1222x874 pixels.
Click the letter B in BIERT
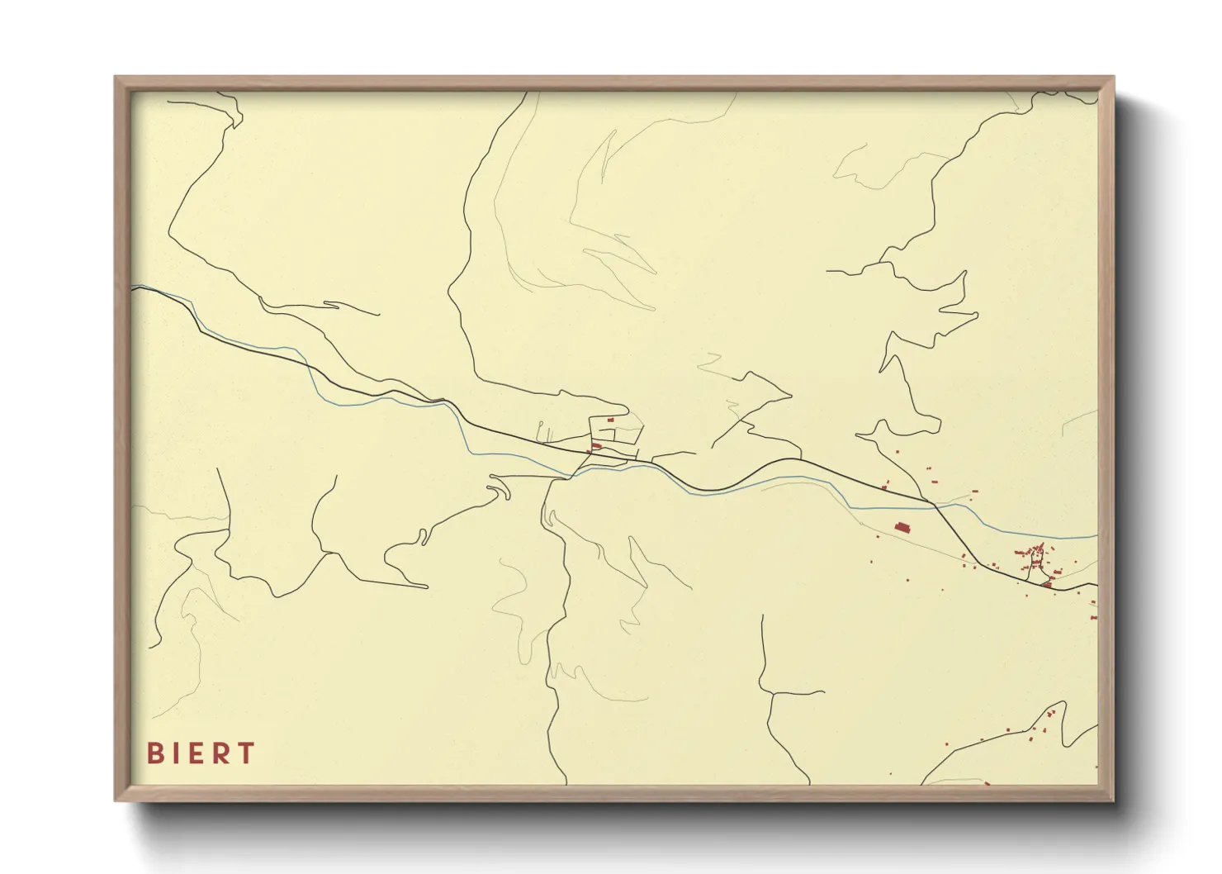(154, 753)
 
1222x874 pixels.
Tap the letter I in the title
(176, 753)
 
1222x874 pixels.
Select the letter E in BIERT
(197, 753)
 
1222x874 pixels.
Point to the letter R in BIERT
(221, 753)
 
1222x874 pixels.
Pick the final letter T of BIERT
(246, 753)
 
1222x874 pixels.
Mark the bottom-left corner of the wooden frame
(116, 800)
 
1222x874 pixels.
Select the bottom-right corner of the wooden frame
(1113, 800)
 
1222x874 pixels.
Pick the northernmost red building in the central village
(611, 420)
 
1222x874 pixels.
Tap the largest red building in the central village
(596, 447)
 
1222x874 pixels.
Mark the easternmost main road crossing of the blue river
(938, 506)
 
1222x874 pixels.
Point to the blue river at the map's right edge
(1095, 536)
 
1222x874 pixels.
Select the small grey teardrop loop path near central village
(542, 432)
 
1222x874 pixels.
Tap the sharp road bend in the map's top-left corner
(238, 124)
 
